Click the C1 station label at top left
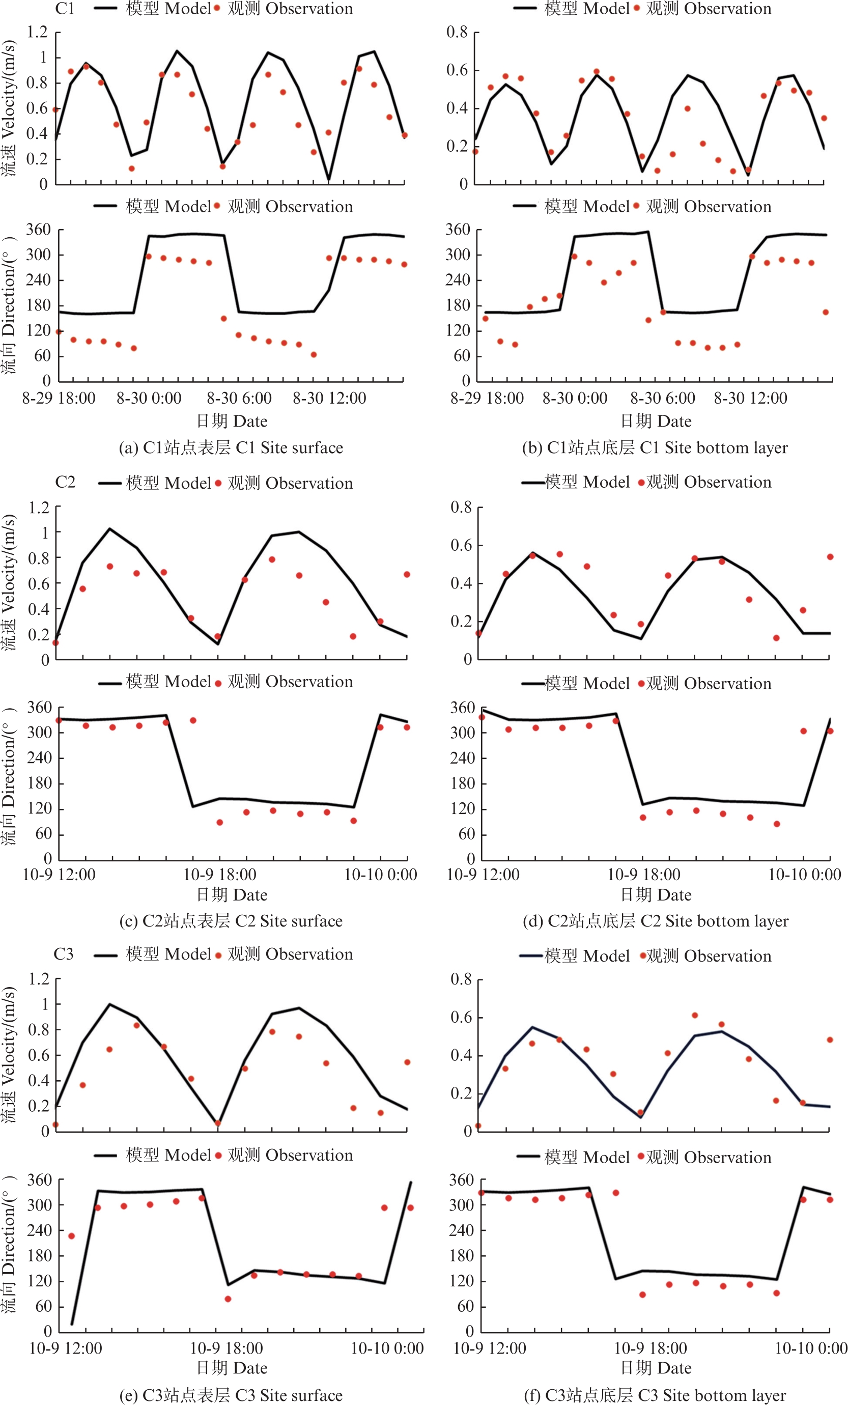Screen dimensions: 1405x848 click(x=65, y=9)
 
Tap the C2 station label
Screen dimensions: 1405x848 click(x=65, y=483)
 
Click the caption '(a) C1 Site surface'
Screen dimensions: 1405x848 click(x=231, y=447)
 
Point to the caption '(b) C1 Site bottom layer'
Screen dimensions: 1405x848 click(x=655, y=447)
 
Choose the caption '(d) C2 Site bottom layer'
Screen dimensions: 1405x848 click(x=656, y=921)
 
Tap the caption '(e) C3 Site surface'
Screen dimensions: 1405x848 click(x=231, y=1395)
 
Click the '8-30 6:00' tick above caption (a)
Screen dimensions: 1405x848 click(x=239, y=398)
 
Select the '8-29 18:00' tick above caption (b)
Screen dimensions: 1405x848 click(x=487, y=398)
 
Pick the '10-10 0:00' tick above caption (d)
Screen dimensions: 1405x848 click(x=805, y=874)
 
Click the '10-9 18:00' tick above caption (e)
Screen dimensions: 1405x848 click(x=227, y=1348)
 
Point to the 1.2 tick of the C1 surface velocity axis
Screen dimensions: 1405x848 click(x=37, y=32)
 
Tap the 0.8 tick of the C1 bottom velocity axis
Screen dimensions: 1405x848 click(x=457, y=32)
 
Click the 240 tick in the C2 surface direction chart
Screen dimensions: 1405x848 click(x=39, y=758)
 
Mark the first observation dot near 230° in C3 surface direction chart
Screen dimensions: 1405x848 click(x=71, y=1236)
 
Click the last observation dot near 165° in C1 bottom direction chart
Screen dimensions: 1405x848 click(x=825, y=313)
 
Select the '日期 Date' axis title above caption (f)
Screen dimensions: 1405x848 click(x=656, y=1367)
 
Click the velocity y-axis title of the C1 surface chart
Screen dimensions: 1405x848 click(x=9, y=108)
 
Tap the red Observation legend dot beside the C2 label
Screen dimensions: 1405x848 click(x=218, y=484)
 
